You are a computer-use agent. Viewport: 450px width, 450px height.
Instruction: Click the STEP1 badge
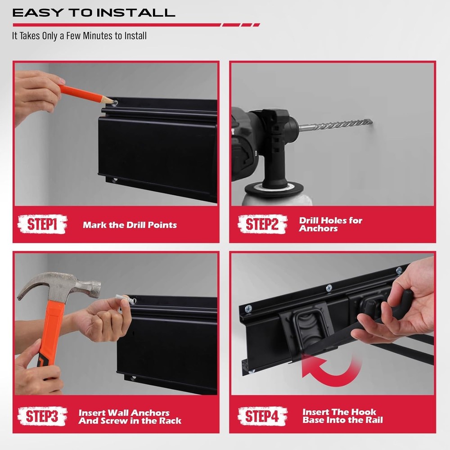[x=42, y=224]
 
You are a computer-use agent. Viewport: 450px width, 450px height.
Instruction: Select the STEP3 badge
[x=42, y=416]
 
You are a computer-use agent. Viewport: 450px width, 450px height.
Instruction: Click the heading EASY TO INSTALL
[x=94, y=13]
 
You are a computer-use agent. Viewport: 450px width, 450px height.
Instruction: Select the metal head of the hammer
[x=58, y=286]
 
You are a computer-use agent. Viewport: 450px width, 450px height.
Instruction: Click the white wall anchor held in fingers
[x=124, y=298]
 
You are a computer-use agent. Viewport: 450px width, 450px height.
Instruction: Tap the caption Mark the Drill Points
[x=130, y=225]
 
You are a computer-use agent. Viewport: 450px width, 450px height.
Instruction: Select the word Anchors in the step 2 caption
[x=318, y=229]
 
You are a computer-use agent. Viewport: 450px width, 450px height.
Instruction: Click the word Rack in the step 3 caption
[x=171, y=421]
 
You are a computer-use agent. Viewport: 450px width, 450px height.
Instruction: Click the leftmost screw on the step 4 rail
[x=248, y=309]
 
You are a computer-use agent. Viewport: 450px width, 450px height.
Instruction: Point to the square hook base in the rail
[x=310, y=327]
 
